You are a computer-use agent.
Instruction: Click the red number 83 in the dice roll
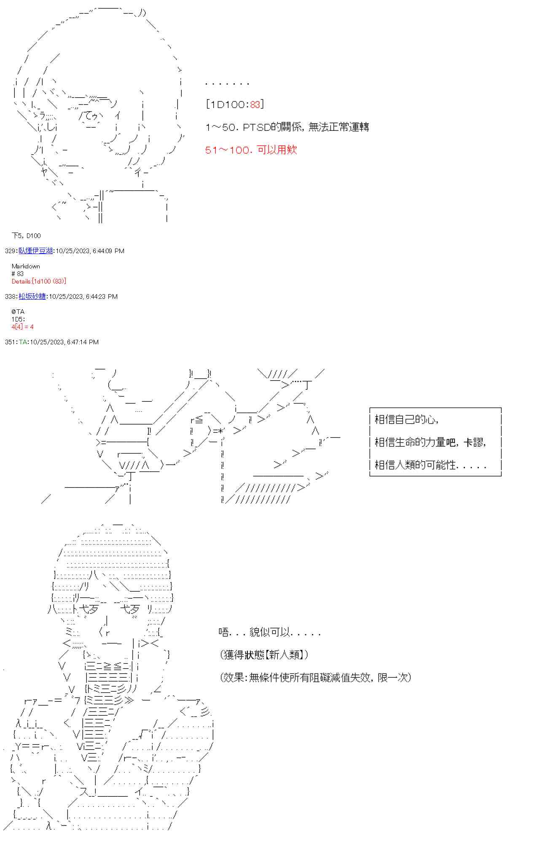[255, 104]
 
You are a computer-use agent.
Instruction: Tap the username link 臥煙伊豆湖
[35, 251]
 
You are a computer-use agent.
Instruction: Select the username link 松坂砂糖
[32, 296]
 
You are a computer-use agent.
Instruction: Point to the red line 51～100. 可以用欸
[251, 150]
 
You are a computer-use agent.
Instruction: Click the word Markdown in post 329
[26, 266]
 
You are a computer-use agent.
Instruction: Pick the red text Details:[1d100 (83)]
[39, 281]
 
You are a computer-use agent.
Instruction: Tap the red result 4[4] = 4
[22, 327]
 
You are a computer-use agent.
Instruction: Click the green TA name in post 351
[23, 342]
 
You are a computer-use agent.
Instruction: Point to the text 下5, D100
[26, 235]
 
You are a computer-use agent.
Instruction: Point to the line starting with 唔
[270, 632]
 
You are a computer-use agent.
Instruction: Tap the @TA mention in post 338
[18, 311]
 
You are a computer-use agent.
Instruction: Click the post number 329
[11, 251]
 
